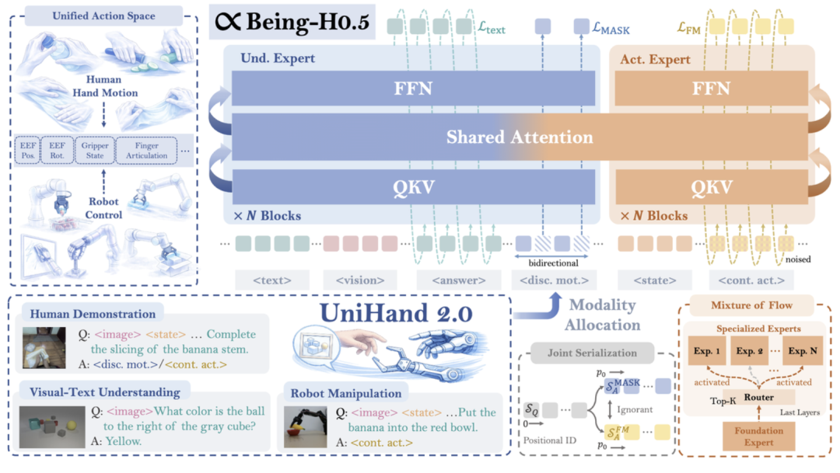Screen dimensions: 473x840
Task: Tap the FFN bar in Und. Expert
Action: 412,89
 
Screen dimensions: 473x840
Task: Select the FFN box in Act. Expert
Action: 712,89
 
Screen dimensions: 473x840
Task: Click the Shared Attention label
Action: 519,137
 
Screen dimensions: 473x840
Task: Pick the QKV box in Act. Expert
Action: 712,187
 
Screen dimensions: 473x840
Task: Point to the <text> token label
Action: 272,280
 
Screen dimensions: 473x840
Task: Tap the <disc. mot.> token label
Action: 552,280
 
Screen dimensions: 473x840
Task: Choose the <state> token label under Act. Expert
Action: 653,280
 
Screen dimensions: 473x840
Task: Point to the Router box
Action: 758,397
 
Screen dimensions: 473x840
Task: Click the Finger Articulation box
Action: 147,150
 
